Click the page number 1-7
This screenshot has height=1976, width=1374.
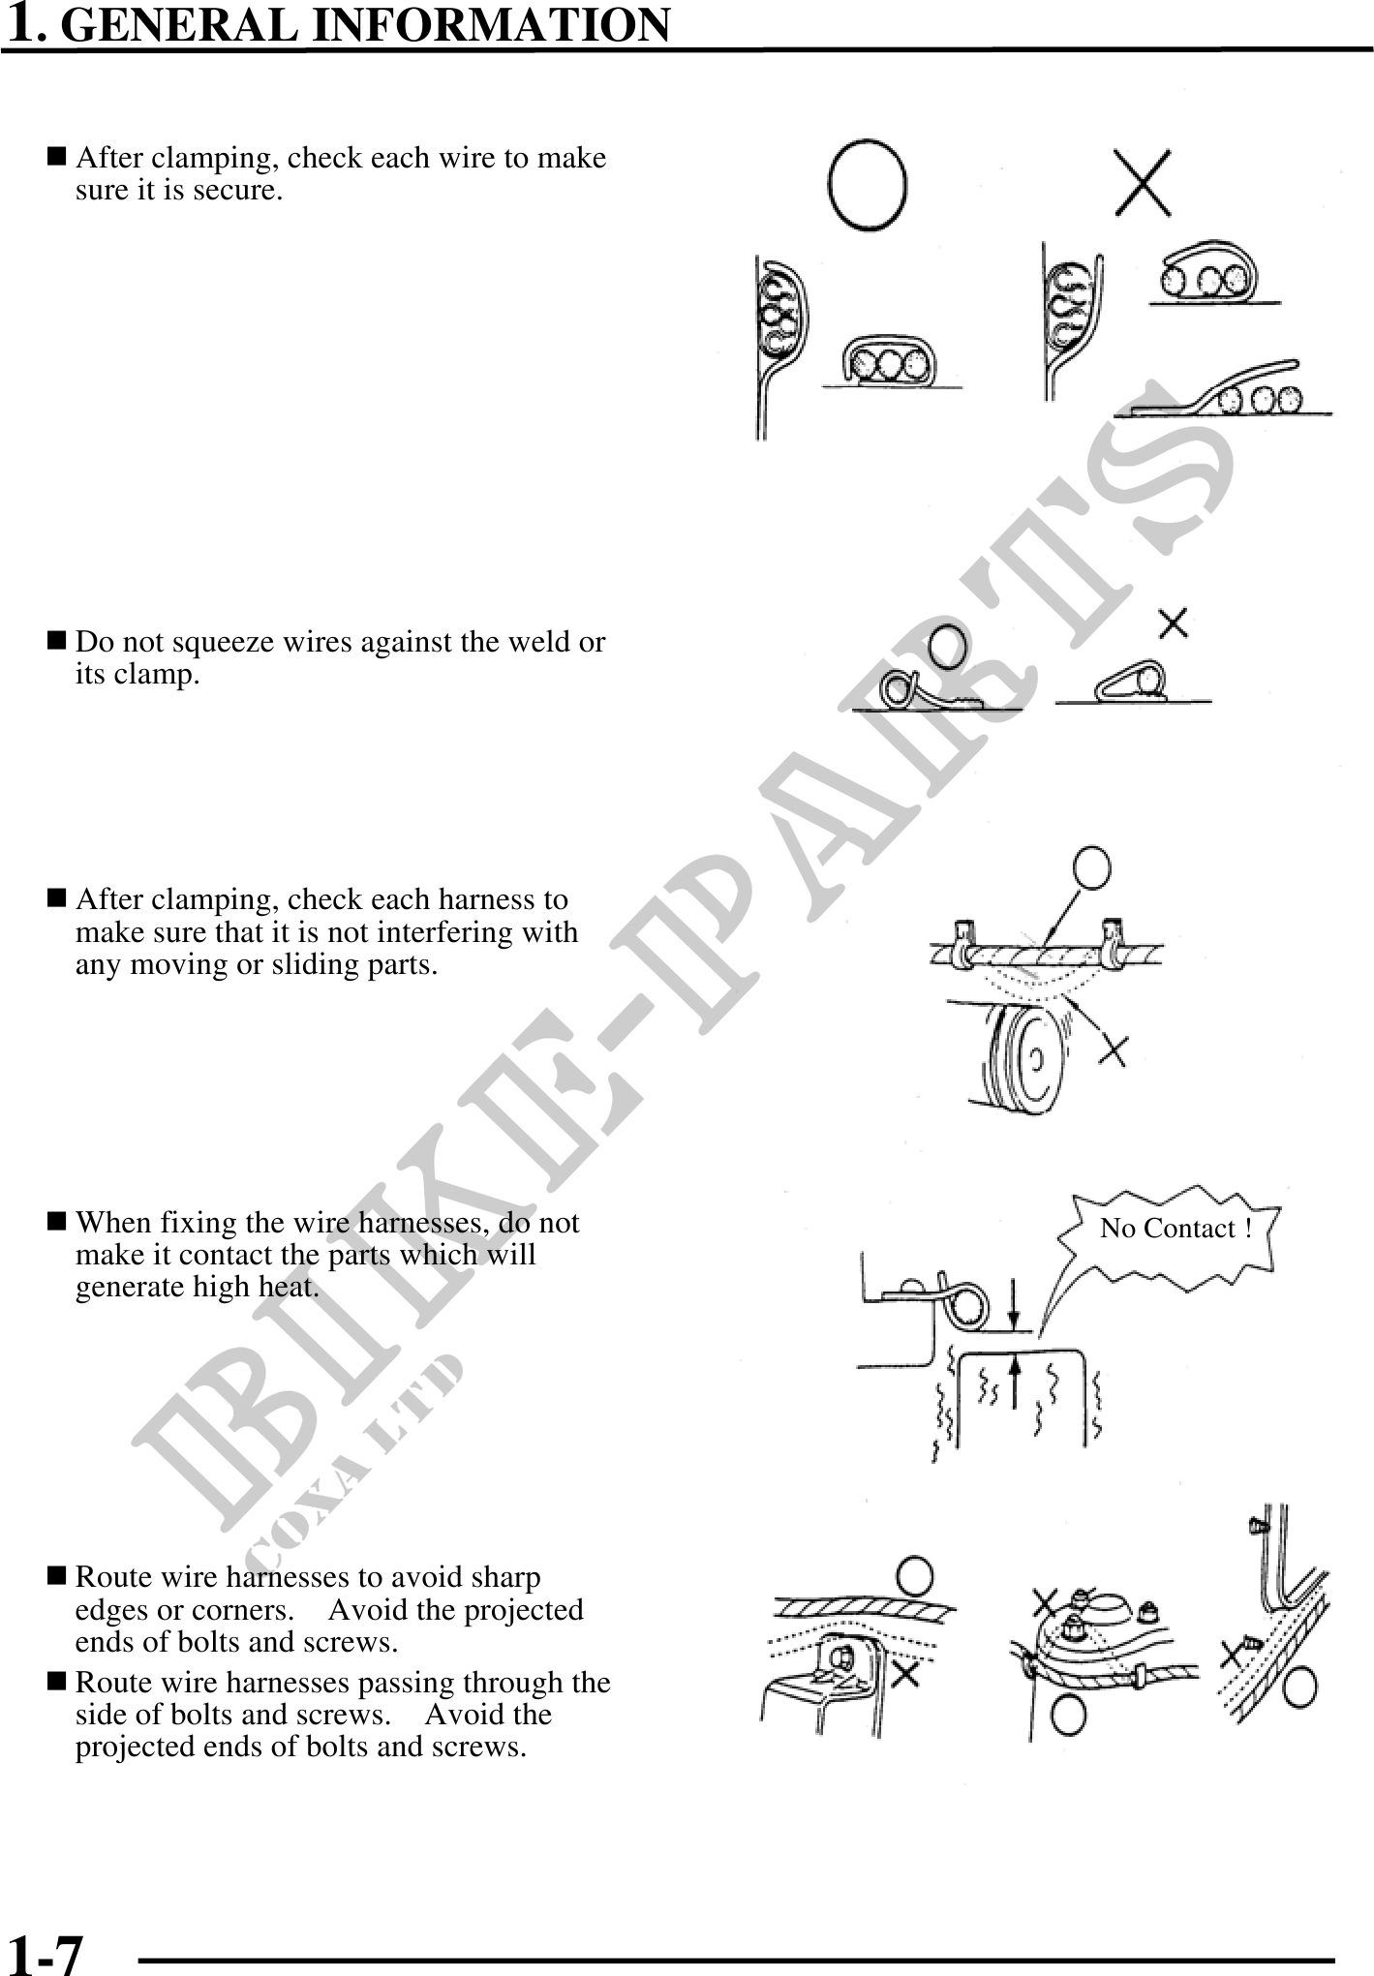click(x=45, y=1953)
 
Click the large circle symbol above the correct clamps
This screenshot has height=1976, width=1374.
click(x=868, y=185)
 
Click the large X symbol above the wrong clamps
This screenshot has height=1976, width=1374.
click(x=1143, y=183)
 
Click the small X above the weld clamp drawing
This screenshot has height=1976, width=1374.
click(x=1174, y=623)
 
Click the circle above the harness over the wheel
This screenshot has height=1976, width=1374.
click(x=1092, y=867)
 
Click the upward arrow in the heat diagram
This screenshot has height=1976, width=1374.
click(x=1015, y=1381)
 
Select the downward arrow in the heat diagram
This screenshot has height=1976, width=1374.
click(x=1013, y=1304)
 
